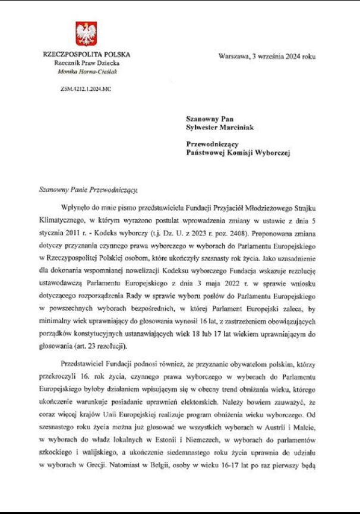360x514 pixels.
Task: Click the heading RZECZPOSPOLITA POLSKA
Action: pos(87,55)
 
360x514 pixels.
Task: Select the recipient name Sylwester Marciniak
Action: pos(220,126)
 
